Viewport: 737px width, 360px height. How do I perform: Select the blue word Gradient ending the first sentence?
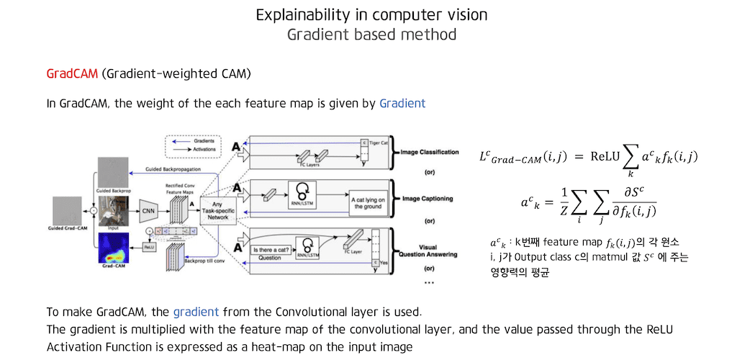402,104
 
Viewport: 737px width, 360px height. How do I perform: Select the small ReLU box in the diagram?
149,246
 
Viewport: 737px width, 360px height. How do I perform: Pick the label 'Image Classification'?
430,153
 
